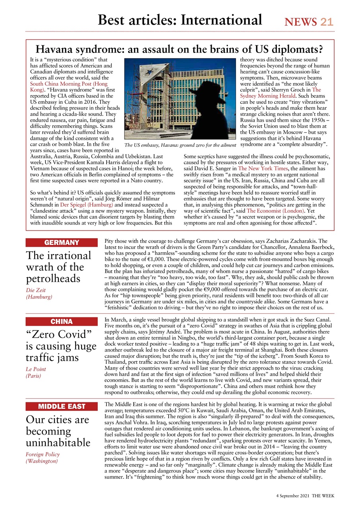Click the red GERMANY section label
click(x=61, y=243)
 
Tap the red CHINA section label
click(x=61, y=321)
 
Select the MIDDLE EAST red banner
click(x=61, y=406)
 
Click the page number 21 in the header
click(x=327, y=22)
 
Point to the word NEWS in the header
click(x=301, y=22)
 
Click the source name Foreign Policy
click(x=43, y=454)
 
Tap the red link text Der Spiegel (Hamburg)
click(x=86, y=204)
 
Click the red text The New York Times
click(x=263, y=169)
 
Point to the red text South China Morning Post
click(x=68, y=84)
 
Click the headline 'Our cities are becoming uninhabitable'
click(x=58, y=431)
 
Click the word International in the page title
click(x=221, y=19)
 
